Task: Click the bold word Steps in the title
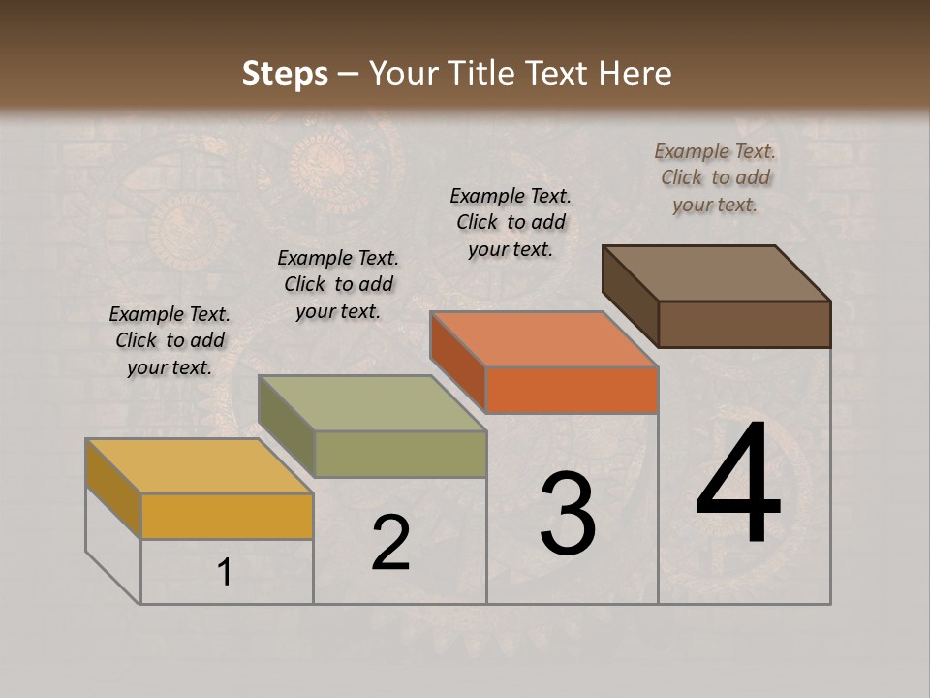point(285,74)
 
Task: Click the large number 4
point(738,488)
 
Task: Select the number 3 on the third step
point(568,514)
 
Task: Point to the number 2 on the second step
point(390,543)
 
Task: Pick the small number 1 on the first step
point(225,573)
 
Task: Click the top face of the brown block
point(717,273)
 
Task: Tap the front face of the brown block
point(744,324)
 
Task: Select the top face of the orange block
point(544,339)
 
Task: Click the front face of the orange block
point(572,391)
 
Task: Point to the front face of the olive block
point(400,455)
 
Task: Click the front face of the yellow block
point(227,516)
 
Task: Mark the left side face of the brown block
point(631,297)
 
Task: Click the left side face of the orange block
point(458,362)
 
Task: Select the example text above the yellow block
point(170,340)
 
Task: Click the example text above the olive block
point(338,284)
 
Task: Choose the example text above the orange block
point(511,222)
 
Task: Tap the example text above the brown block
point(715,177)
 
